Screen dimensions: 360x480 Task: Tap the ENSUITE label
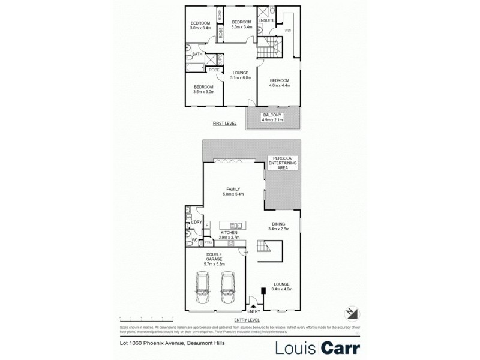click(x=266, y=20)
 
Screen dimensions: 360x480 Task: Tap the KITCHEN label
click(x=230, y=233)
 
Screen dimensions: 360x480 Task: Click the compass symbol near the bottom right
click(x=352, y=313)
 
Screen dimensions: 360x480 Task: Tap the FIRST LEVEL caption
click(x=224, y=123)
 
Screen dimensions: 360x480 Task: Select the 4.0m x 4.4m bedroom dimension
click(x=279, y=85)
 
